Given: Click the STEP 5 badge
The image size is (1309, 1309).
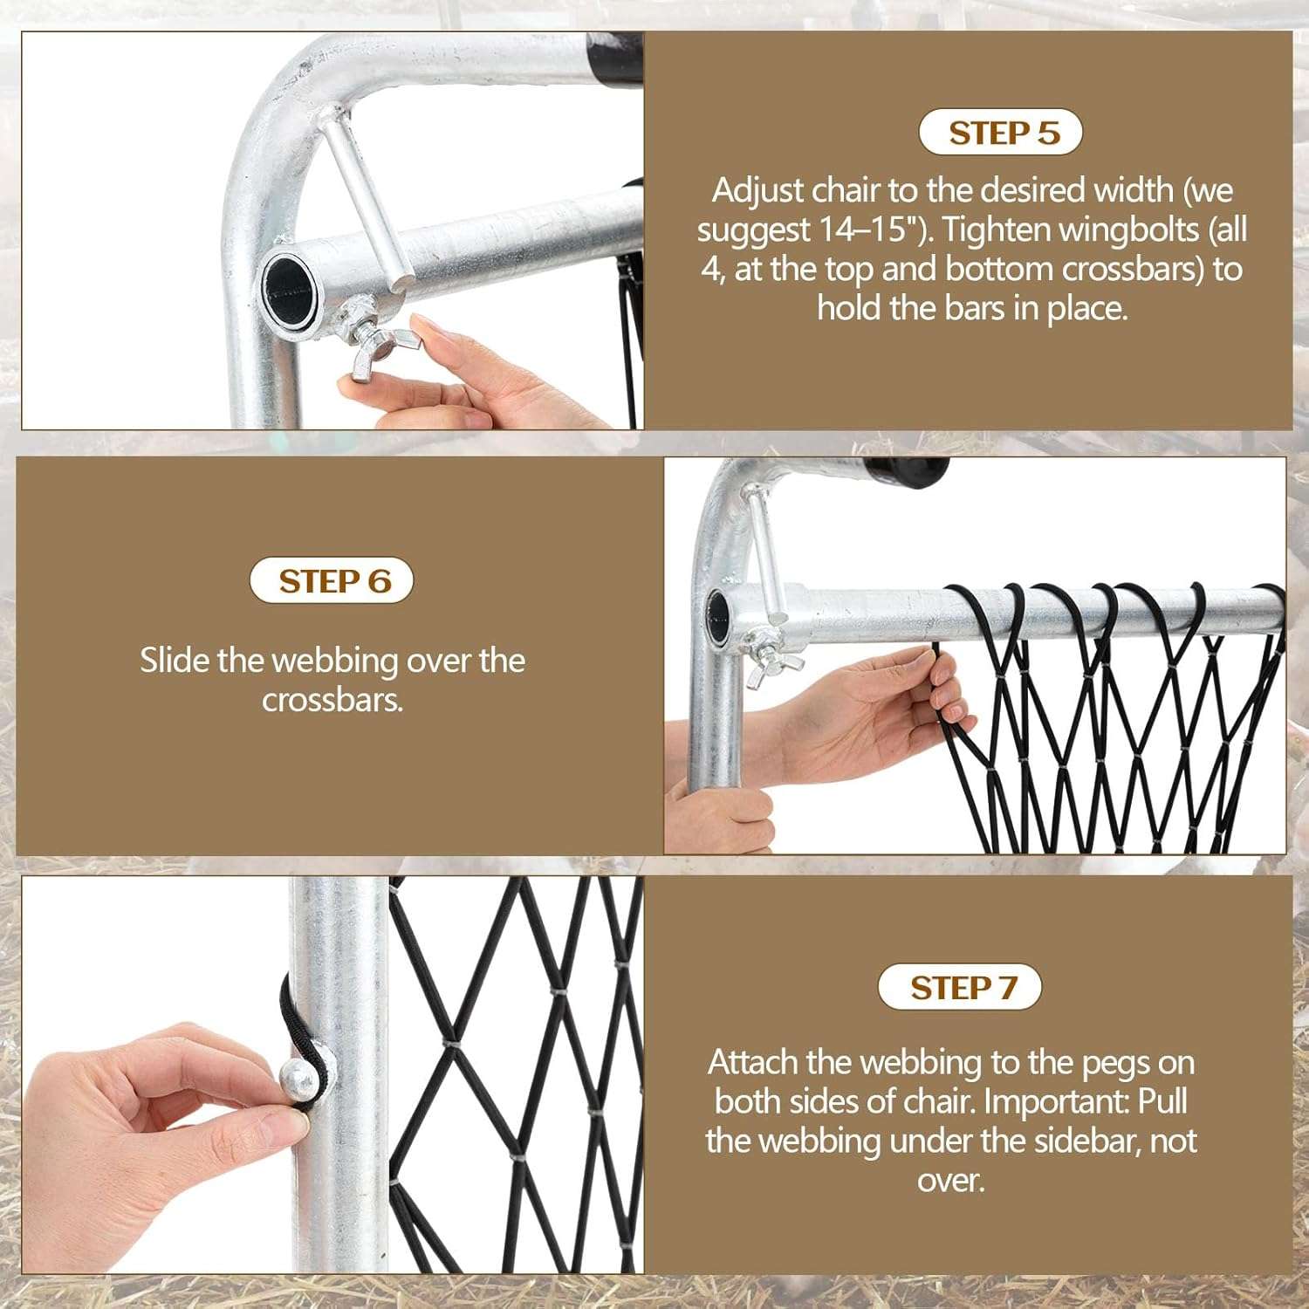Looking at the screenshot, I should [x=1000, y=133].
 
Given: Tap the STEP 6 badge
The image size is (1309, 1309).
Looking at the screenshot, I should [x=332, y=581].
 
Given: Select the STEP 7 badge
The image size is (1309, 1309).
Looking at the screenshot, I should [x=960, y=988].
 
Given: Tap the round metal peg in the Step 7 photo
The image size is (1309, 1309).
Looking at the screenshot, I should [x=298, y=1082].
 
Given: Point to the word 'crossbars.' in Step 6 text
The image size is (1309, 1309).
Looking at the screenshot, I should [x=332, y=700].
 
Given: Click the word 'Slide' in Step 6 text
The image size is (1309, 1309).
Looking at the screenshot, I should [x=175, y=661].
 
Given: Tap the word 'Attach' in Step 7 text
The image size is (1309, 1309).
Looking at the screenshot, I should [x=753, y=1062].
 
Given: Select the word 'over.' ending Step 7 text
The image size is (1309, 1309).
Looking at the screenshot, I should [x=950, y=1180].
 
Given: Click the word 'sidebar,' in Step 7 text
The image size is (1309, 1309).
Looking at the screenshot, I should [x=1087, y=1141].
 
